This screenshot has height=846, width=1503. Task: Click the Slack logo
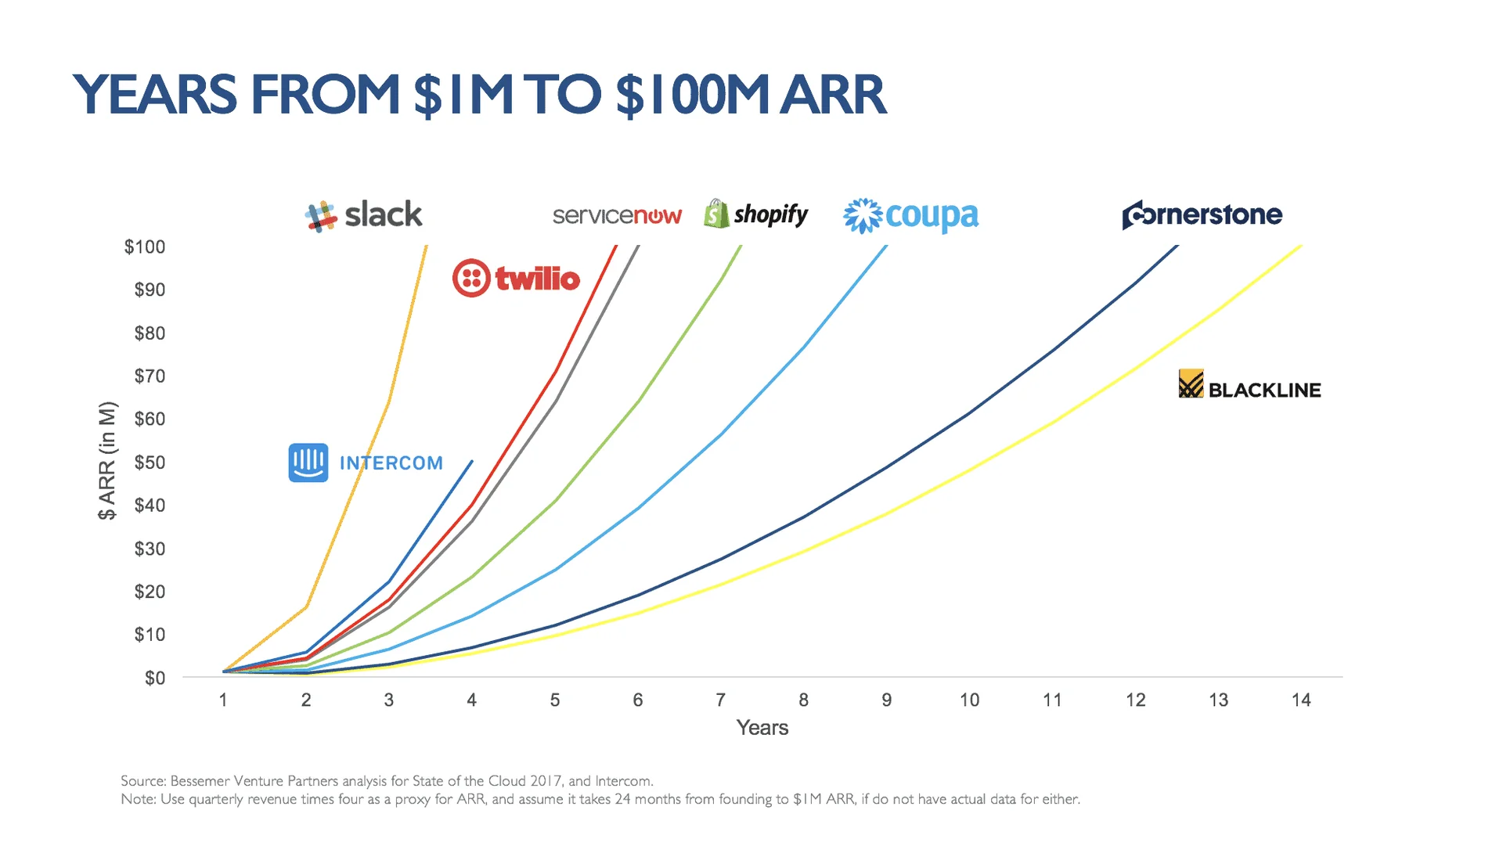tap(364, 215)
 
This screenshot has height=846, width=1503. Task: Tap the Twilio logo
tap(517, 278)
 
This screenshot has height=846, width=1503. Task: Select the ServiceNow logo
tap(617, 215)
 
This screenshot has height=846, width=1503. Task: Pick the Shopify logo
tap(756, 214)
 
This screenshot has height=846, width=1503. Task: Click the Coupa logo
tap(910, 216)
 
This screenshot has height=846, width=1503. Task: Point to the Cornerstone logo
tap(1202, 214)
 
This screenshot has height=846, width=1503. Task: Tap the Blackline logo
tap(1249, 385)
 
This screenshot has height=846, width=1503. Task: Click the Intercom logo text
tap(391, 463)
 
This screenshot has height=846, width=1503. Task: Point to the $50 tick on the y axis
tap(150, 463)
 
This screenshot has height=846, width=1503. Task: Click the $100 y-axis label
tap(145, 247)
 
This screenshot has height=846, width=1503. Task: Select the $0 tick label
tap(154, 679)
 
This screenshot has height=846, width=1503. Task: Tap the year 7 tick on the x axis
tap(720, 700)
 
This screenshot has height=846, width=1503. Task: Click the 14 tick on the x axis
tap(1300, 700)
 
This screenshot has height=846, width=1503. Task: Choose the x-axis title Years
tap(762, 728)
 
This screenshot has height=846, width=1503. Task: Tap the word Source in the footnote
tap(142, 781)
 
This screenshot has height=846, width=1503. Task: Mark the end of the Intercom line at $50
tap(472, 461)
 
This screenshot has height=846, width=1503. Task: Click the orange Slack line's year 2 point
tap(307, 607)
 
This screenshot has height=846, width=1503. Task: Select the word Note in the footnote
tap(138, 799)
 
